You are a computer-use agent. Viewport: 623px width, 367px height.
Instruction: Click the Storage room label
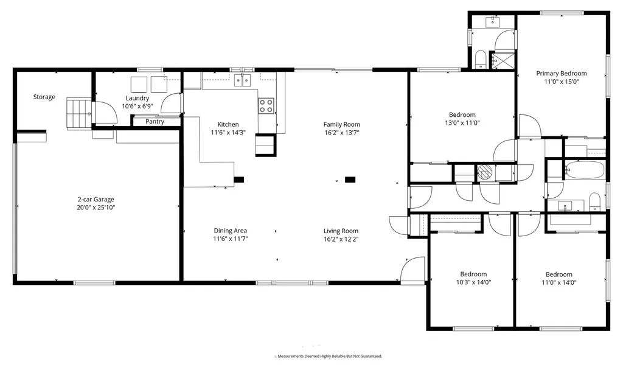[x=44, y=97]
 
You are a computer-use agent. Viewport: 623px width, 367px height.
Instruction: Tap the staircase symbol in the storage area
[x=78, y=113]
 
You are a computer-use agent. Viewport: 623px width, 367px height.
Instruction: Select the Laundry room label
[x=137, y=98]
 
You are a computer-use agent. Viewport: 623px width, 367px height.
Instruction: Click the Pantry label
[x=155, y=122]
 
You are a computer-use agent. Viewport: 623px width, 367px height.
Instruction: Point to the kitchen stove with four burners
[x=266, y=106]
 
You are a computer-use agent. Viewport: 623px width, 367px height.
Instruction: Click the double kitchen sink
[x=242, y=80]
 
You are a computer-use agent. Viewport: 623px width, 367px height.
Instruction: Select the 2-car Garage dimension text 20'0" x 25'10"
[x=96, y=208]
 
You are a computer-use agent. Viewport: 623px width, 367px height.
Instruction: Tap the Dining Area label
[x=231, y=231]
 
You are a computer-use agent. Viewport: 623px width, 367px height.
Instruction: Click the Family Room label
[x=342, y=124]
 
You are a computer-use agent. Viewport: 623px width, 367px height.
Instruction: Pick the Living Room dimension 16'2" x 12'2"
[x=341, y=239]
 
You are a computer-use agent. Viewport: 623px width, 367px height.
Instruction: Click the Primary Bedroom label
[x=562, y=74]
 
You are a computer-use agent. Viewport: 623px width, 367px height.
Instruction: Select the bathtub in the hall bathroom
[x=585, y=170]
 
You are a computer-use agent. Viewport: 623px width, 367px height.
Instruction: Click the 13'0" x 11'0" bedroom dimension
[x=462, y=124]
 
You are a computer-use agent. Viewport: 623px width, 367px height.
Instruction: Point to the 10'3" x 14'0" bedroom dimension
[x=473, y=282]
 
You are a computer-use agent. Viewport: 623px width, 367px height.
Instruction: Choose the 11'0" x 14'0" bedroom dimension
[x=559, y=283]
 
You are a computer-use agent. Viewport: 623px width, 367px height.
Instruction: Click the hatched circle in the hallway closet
[x=485, y=172]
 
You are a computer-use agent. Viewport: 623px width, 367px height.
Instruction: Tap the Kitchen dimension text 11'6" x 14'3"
[x=228, y=133]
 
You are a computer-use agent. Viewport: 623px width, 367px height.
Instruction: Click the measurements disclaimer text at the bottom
[x=329, y=356]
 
